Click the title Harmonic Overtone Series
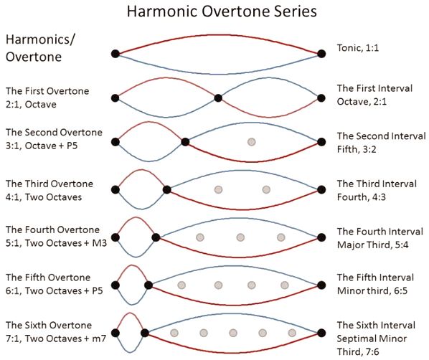(222, 11)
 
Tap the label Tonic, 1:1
(358, 48)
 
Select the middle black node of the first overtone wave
(218, 98)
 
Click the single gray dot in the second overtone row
(251, 142)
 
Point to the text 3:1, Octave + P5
(42, 146)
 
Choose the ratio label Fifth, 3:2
(357, 149)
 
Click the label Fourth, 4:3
(362, 197)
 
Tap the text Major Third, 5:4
(372, 245)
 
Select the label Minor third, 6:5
(372, 290)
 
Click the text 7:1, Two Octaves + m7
(56, 338)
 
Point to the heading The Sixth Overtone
(49, 326)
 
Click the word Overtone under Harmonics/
(34, 57)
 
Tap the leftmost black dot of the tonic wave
(115, 54)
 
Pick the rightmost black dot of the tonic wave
(321, 54)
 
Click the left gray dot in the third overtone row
(218, 189)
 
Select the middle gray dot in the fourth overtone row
(240, 237)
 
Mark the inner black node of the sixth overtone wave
(145, 333)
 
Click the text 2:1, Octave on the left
(31, 104)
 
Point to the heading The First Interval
(374, 88)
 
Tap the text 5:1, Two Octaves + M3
(56, 243)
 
